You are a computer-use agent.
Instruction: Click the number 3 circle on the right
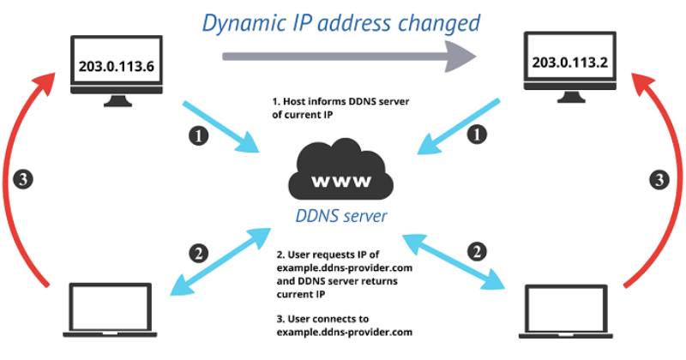point(659,181)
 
